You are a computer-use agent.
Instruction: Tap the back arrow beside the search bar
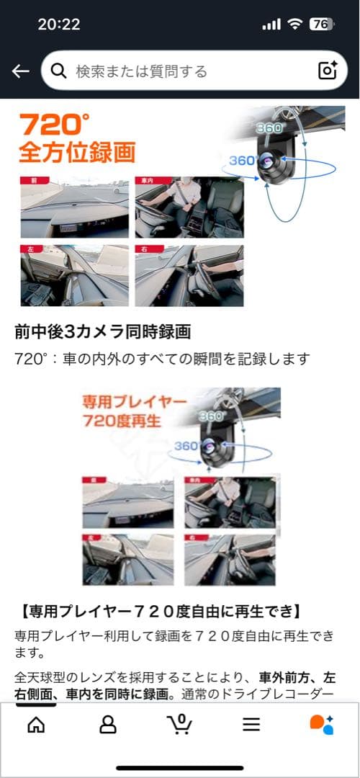coord(21,71)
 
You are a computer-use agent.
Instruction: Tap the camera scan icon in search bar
coord(328,71)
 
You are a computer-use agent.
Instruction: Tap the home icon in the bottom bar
coord(35,724)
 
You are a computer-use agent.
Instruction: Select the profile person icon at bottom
coord(108,724)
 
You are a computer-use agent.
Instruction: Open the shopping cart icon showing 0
coord(179,723)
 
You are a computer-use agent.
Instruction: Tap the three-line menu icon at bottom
coord(251,724)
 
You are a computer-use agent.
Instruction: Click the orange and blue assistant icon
coord(321,724)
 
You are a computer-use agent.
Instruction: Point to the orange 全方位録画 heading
coord(77,153)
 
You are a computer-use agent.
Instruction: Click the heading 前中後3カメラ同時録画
coord(102,332)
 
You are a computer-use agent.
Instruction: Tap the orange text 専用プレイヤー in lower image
coord(133,401)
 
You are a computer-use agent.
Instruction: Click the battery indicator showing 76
coord(320,24)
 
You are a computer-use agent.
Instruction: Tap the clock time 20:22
coord(59,24)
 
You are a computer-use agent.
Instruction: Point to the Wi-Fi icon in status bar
coord(294,24)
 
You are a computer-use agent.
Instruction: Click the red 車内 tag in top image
coord(146,182)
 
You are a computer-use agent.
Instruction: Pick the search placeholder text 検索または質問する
coord(141,71)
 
